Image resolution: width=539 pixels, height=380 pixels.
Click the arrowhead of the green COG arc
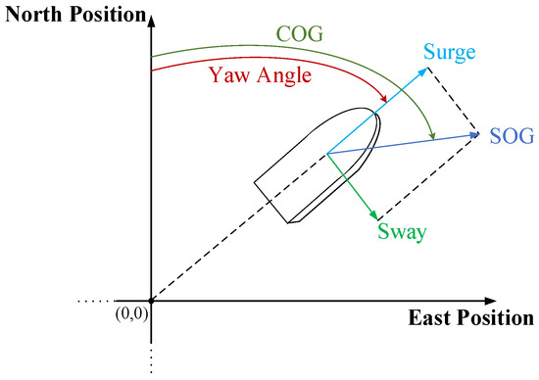(x=431, y=138)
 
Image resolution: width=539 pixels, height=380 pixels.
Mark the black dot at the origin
(x=150, y=301)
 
